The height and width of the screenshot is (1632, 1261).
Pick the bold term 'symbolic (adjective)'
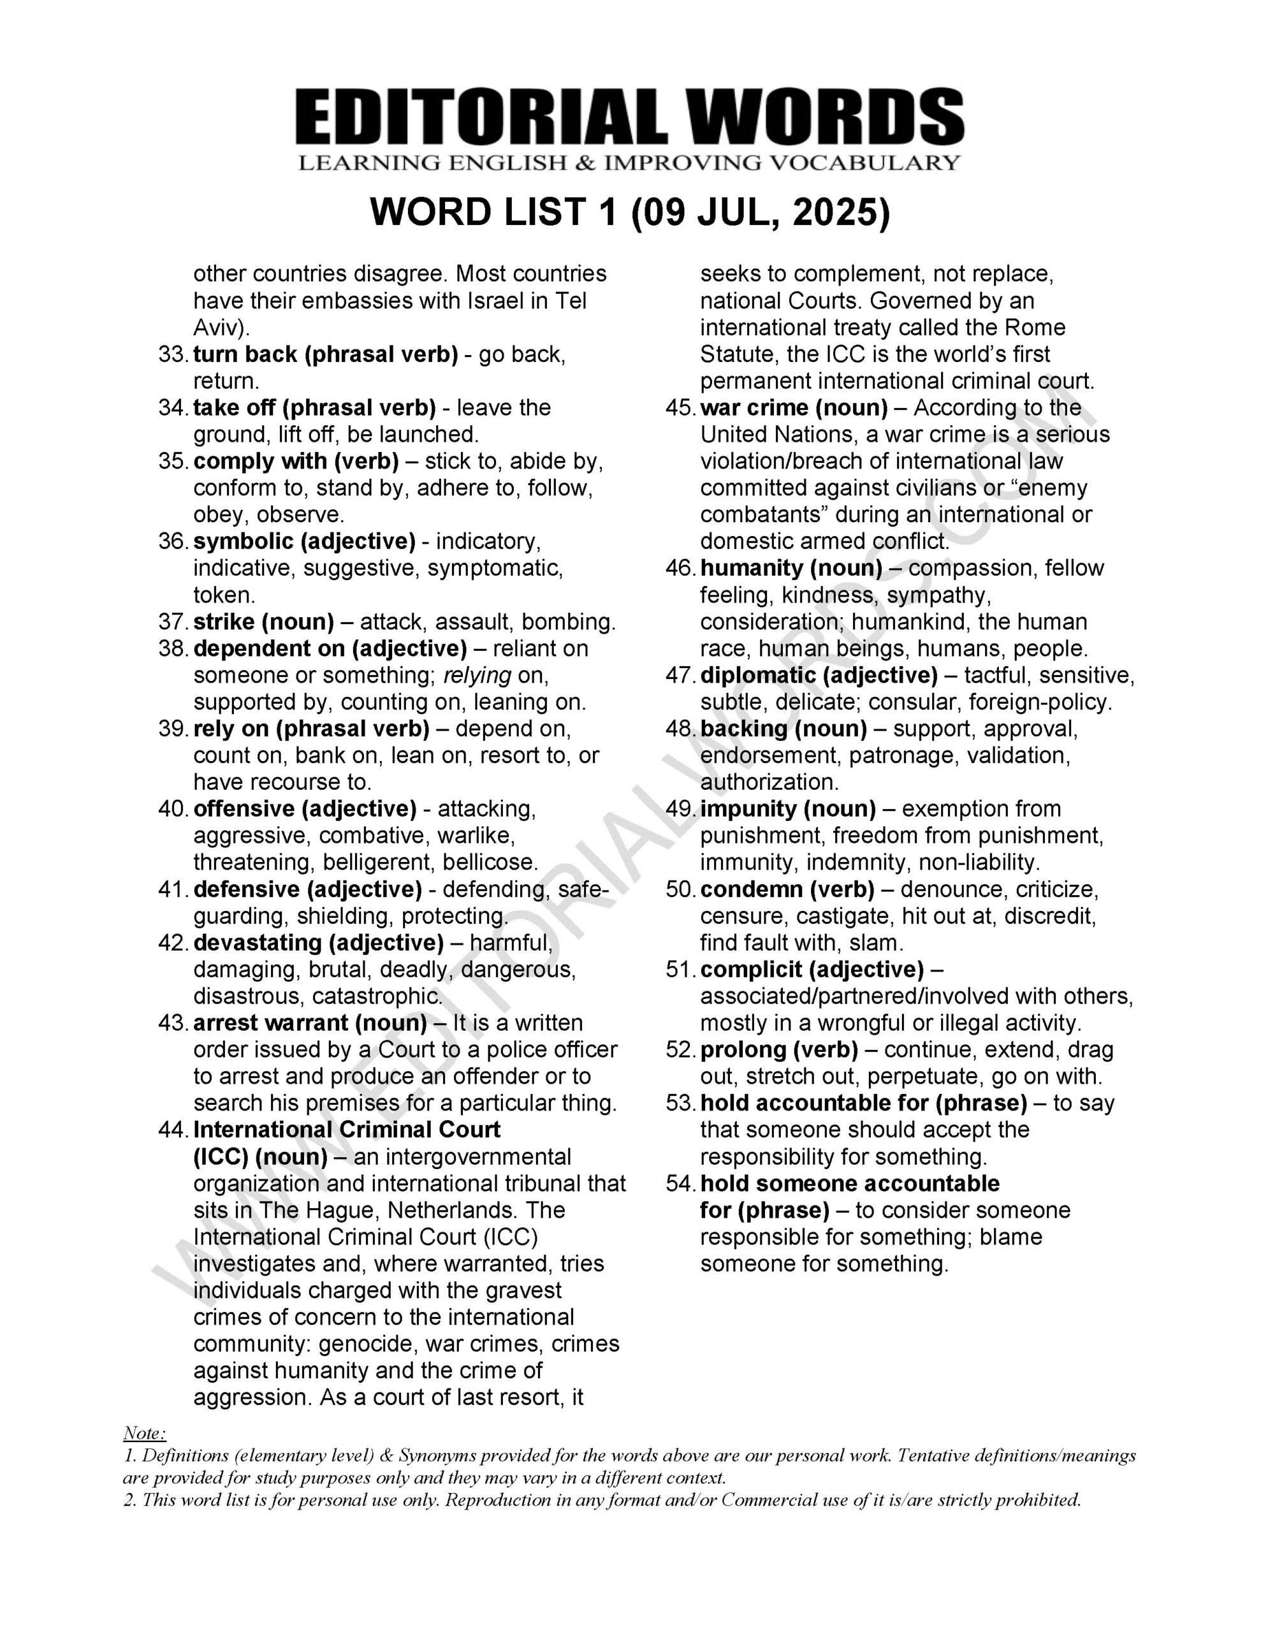(304, 541)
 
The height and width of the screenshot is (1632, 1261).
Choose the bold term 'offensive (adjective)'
(304, 808)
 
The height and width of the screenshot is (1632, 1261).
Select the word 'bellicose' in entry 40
(489, 863)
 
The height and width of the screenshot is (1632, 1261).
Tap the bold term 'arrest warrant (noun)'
(309, 1023)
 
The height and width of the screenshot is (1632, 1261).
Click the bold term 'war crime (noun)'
(794, 408)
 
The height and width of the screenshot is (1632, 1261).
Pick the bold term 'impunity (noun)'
(788, 808)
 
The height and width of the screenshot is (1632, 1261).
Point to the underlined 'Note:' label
(144, 1433)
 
